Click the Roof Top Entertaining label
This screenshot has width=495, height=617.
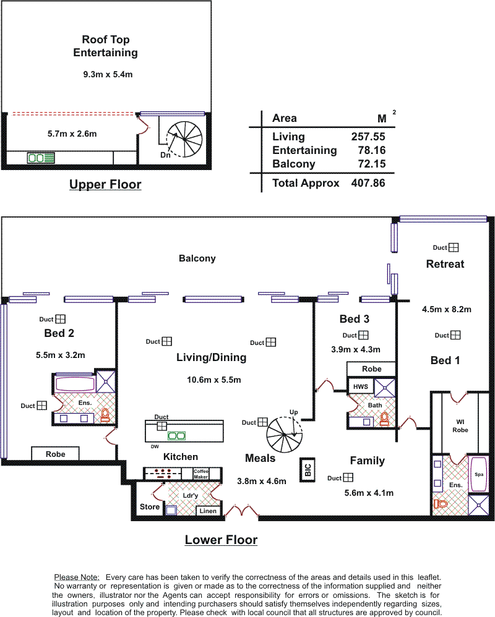coord(106,46)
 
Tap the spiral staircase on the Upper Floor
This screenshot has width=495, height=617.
coord(184,139)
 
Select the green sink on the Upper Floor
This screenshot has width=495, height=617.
coord(41,158)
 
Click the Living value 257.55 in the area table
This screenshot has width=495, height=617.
coord(368,137)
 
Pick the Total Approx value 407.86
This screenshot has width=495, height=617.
coord(368,183)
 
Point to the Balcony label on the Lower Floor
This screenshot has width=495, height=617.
coord(197,258)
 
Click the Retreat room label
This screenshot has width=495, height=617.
coord(445,264)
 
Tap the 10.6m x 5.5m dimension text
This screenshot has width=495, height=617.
coord(214,380)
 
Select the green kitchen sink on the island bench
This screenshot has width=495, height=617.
coord(176,436)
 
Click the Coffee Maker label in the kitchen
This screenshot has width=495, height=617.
coord(201,474)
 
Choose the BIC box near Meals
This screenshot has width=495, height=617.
coord(308,469)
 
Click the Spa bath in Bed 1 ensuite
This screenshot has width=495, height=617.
coord(479,474)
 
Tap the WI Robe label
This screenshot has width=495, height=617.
coord(460,426)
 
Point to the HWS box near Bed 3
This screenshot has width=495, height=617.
coord(360,387)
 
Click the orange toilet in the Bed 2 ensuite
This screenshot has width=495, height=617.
coord(105,415)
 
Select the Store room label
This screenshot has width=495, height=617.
coord(150,507)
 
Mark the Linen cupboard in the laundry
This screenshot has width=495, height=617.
coord(208,511)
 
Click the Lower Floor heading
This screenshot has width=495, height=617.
coord(222,540)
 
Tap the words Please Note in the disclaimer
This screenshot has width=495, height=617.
coord(77,577)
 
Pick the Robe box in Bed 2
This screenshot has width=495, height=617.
coord(56,454)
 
